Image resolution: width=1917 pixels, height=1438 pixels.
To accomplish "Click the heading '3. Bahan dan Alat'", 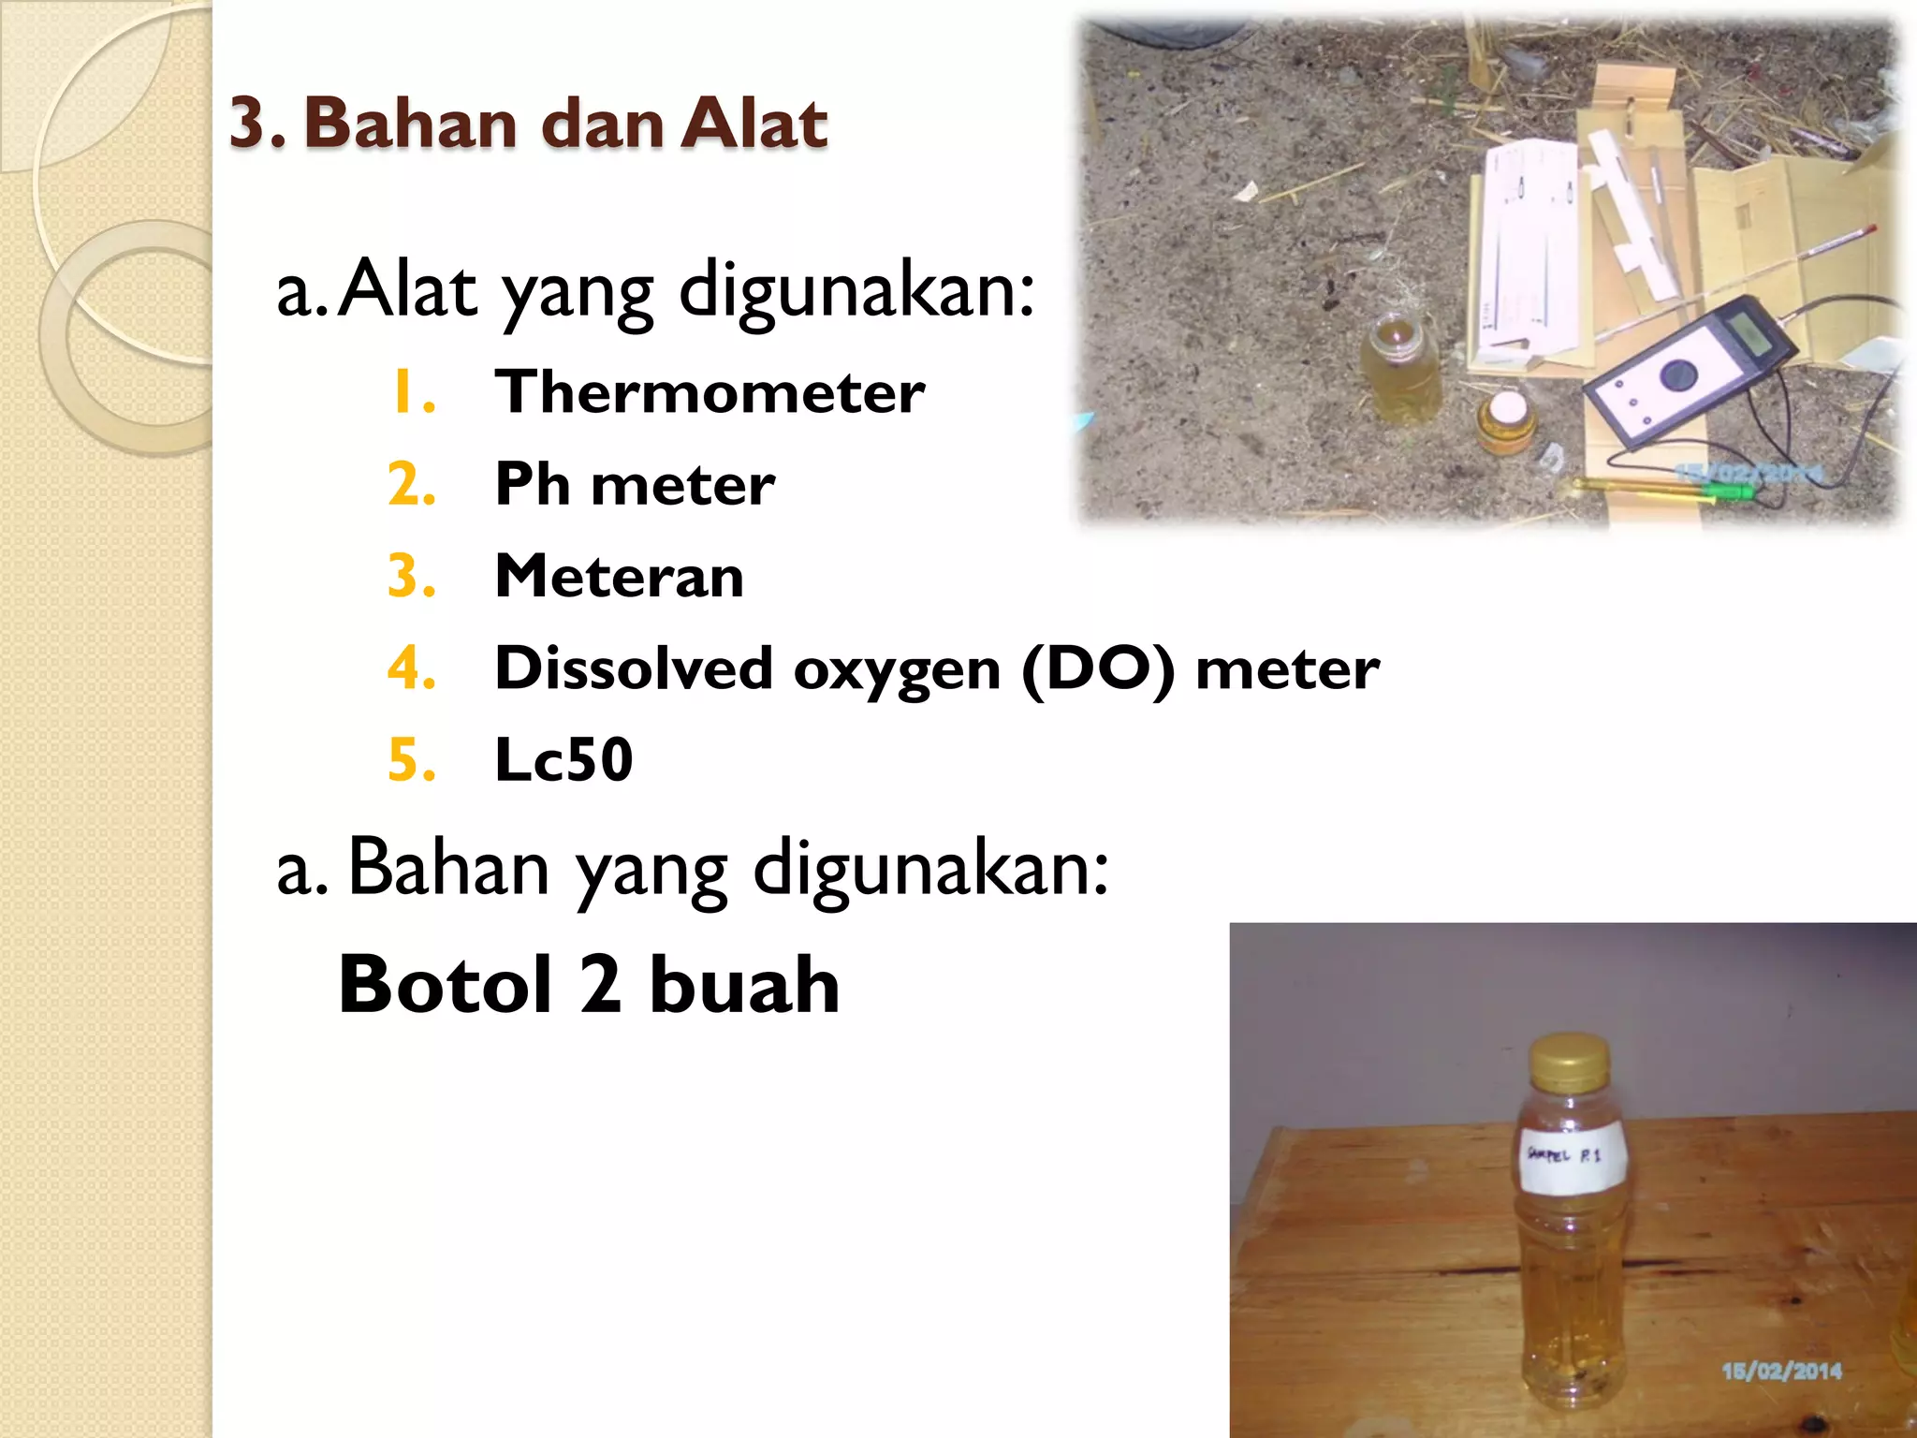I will [528, 124].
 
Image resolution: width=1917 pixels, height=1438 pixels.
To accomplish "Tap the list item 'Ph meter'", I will [635, 484].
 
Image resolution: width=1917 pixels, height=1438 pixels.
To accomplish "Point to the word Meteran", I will [619, 576].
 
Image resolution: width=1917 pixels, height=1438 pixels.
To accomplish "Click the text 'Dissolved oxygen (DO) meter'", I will [936, 668].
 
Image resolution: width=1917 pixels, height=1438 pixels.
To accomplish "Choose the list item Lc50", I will [563, 759].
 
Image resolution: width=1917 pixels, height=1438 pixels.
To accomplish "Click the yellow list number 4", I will [411, 668].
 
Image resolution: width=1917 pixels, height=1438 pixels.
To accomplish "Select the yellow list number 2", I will [411, 484].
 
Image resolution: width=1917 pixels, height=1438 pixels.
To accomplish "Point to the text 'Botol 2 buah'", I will [589, 985].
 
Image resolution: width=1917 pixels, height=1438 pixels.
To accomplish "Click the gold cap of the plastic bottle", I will [1569, 1061].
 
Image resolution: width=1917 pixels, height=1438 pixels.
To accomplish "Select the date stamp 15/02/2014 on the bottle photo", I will [1781, 1372].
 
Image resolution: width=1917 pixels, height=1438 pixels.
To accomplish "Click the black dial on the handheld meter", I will [1677, 375].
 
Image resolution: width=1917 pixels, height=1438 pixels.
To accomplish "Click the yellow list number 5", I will [411, 759].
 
